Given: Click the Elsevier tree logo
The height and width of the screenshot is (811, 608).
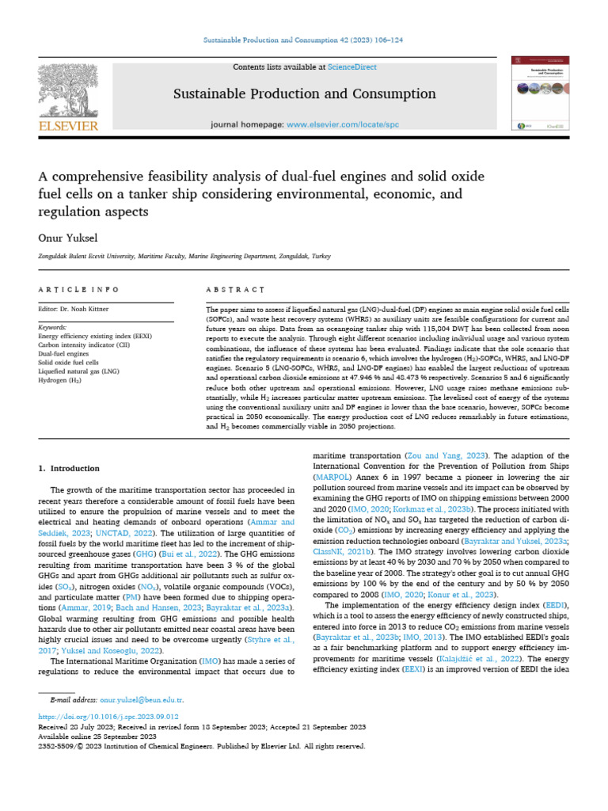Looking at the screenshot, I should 68,90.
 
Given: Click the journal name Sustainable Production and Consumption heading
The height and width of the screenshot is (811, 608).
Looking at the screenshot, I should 305,95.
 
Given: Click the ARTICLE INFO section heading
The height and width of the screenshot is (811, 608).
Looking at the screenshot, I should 78,290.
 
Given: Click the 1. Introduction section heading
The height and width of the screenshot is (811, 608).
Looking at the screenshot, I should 70,468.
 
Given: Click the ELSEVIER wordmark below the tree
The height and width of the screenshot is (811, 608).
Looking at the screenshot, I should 68,127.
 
